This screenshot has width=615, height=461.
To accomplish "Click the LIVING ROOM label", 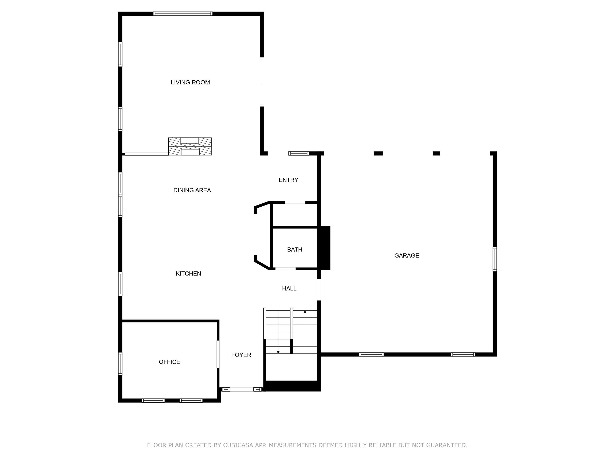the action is (x=190, y=82).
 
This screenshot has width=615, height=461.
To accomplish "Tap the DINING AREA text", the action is (x=192, y=190).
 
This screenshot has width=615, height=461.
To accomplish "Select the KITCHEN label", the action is (x=188, y=274).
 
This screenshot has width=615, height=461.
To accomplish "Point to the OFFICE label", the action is (x=169, y=362).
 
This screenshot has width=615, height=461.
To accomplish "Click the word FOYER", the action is (x=241, y=355).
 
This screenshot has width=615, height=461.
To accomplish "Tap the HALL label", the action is (x=289, y=289).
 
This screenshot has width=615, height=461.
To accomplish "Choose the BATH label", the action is (x=294, y=250).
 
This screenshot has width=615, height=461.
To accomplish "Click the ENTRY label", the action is (x=288, y=180).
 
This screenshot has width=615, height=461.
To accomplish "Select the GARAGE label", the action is (x=406, y=255).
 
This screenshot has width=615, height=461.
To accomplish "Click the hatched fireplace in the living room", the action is (x=190, y=146).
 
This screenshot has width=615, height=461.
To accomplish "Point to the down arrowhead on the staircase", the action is (x=278, y=352).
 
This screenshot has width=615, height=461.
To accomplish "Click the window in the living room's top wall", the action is (x=183, y=14).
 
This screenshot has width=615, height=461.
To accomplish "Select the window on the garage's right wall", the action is (x=495, y=259).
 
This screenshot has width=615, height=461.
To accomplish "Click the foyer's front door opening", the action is (x=242, y=389).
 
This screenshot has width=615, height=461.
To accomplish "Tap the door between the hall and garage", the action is (x=319, y=290).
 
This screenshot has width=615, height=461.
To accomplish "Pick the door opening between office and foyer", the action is (x=218, y=354).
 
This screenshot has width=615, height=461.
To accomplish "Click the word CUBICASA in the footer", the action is (x=238, y=445).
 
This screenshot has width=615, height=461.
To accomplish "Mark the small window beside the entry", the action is (x=299, y=153).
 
